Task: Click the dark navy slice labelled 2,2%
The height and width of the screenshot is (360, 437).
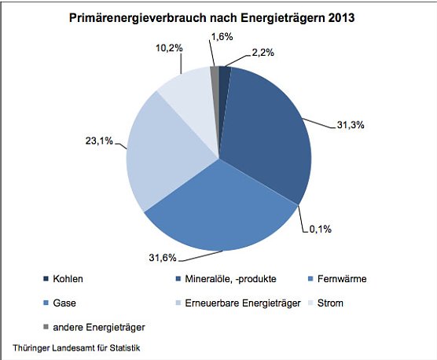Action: (x=223, y=75)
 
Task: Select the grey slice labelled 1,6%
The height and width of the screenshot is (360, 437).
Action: (x=214, y=75)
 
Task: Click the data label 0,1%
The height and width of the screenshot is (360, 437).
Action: (x=320, y=230)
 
